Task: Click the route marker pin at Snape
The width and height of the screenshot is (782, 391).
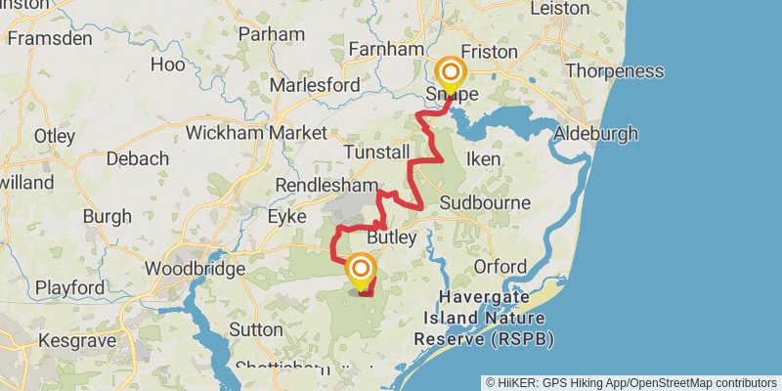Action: pyautogui.click(x=451, y=74)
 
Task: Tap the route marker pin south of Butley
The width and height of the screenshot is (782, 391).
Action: pyautogui.click(x=362, y=271)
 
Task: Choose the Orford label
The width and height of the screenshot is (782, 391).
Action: pyautogui.click(x=500, y=266)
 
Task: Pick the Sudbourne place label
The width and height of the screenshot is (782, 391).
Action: pyautogui.click(x=485, y=203)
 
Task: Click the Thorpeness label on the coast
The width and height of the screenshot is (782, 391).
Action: pyautogui.click(x=614, y=70)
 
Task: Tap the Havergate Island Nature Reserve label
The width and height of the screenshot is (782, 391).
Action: pyautogui.click(x=483, y=317)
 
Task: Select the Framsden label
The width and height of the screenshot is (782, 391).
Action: pyautogui.click(x=49, y=38)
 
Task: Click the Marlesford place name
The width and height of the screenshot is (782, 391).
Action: pyautogui.click(x=315, y=85)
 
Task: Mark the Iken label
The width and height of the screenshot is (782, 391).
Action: pyautogui.click(x=484, y=158)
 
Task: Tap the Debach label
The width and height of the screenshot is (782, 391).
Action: pyautogui.click(x=136, y=158)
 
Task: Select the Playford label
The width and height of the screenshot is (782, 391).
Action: pyautogui.click(x=70, y=288)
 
